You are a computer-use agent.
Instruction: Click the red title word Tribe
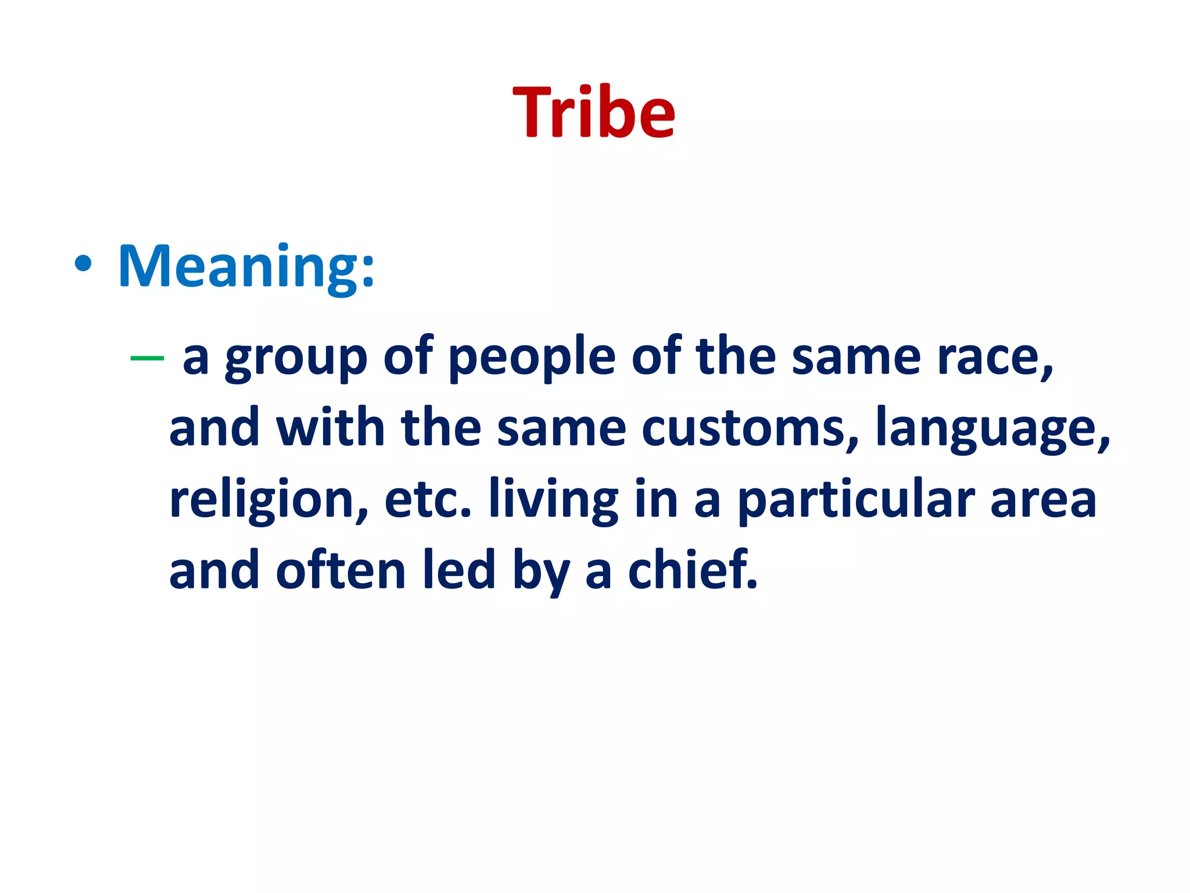coord(594,112)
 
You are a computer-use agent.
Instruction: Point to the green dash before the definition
coord(147,358)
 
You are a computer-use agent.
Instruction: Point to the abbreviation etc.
coord(428,500)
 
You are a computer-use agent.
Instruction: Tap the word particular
coord(856,500)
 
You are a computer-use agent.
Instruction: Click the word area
coord(1043,500)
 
